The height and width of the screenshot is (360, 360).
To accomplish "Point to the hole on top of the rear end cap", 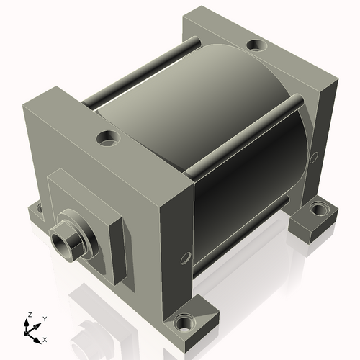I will click(256, 47).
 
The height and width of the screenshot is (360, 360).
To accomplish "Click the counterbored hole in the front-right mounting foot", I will click(189, 323).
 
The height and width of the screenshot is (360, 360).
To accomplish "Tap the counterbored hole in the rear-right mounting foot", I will click(318, 210).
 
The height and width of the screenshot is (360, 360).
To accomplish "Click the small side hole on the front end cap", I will click(186, 256).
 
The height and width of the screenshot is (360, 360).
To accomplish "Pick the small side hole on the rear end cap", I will click(313, 157).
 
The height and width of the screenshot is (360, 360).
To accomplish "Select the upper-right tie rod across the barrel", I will click(245, 137).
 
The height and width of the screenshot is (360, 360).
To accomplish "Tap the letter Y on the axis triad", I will click(44, 318).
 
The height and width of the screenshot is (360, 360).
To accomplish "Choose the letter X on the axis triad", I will click(45, 338).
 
